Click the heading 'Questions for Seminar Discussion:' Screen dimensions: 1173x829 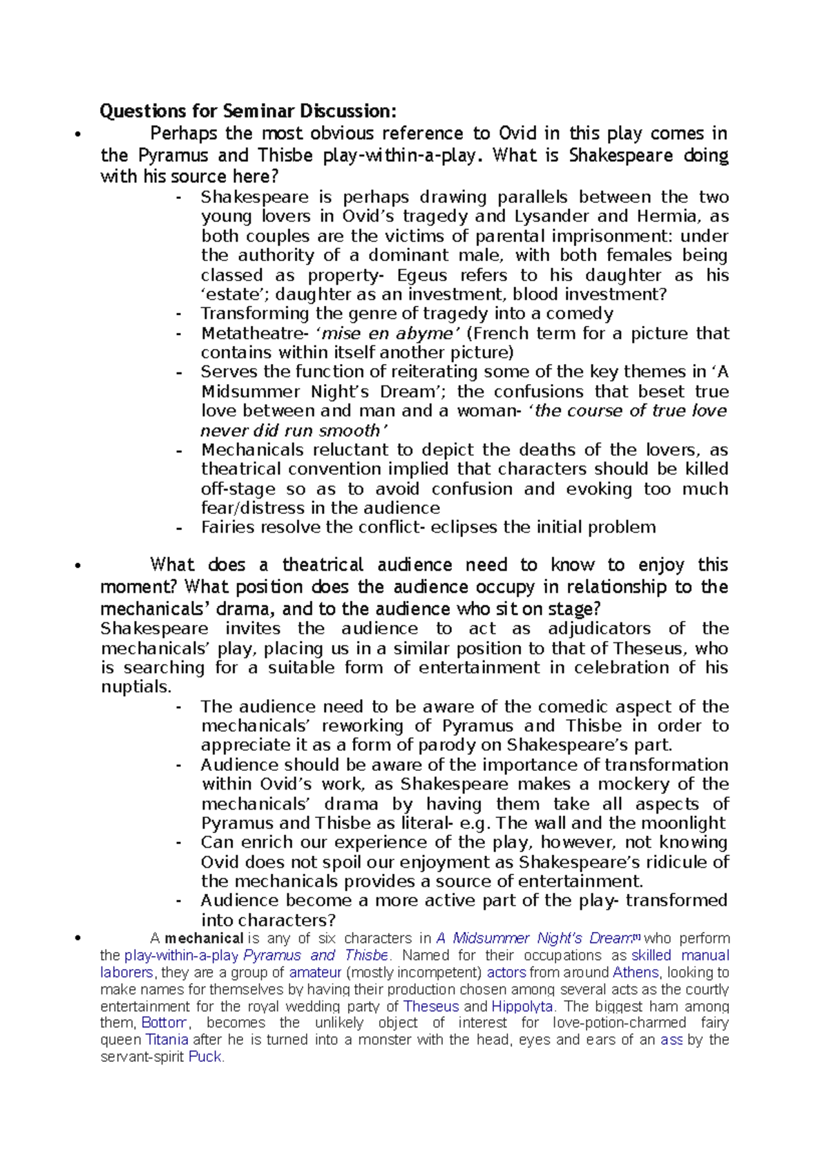pyautogui.click(x=249, y=111)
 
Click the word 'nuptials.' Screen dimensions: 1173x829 pyautogui.click(x=136, y=687)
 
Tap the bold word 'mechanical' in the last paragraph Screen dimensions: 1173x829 pyautogui.click(x=204, y=939)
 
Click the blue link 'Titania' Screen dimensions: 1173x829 pyautogui.click(x=166, y=1040)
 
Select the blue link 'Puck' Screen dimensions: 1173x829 pyautogui.click(x=205, y=1057)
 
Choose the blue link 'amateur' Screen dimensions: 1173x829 pyautogui.click(x=315, y=973)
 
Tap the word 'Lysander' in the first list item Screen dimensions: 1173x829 pyautogui.click(x=552, y=217)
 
